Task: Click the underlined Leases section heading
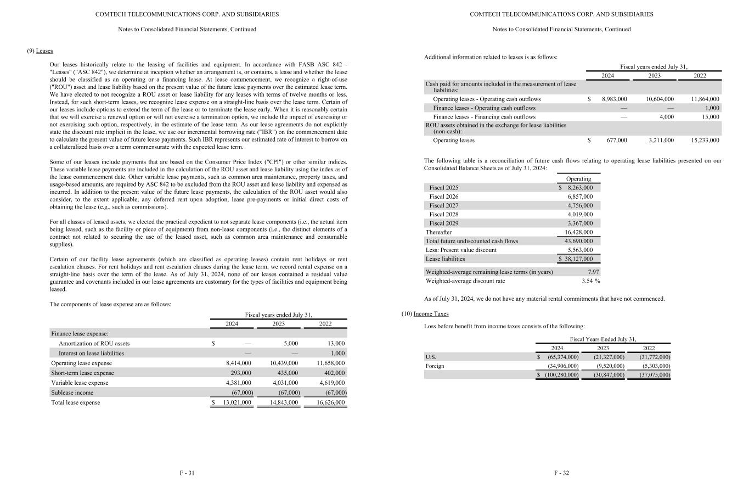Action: (44, 51)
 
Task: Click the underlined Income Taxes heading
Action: (431, 314)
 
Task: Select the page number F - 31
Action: (187, 473)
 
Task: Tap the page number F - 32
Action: (561, 473)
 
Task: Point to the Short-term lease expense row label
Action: (82, 373)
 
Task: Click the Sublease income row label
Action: (72, 392)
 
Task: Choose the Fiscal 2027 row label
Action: (443, 206)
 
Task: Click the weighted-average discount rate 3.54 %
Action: (590, 281)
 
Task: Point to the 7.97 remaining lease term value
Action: (593, 272)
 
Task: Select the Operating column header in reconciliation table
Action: (578, 179)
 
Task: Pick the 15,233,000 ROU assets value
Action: (705, 141)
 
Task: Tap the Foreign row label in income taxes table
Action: (435, 366)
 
